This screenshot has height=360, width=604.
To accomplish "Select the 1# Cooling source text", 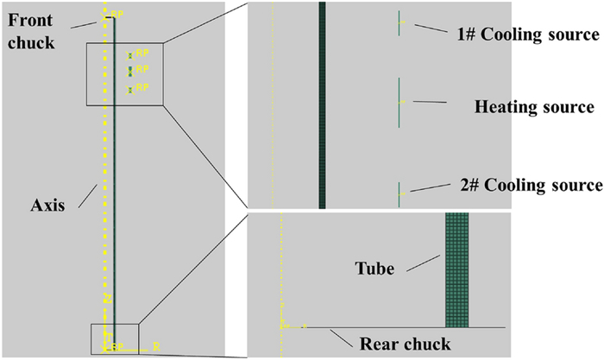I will pyautogui.click(x=528, y=35).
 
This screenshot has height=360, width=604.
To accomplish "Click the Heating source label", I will pyautogui.click(x=534, y=108).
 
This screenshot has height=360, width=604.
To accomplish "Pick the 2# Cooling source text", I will pyautogui.click(x=529, y=185).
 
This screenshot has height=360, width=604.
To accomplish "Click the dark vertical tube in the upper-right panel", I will pyautogui.click(x=322, y=104).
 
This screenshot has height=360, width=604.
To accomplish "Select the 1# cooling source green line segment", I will pyautogui.click(x=399, y=23).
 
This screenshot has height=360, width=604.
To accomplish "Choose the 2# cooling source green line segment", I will pyautogui.click(x=399, y=193).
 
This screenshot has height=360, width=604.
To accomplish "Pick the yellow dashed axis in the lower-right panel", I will pyautogui.click(x=281, y=276).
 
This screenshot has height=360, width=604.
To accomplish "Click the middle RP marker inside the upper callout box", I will pyautogui.click(x=130, y=69).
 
